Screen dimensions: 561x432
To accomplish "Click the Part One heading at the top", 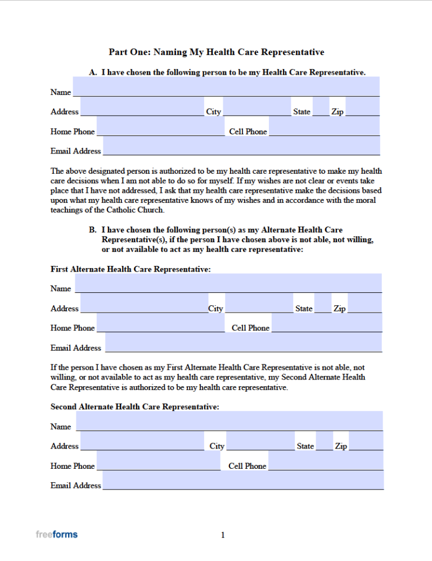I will point(216,52).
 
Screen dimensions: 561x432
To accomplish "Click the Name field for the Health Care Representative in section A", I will point(226,87).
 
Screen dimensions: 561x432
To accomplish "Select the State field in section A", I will point(321,106).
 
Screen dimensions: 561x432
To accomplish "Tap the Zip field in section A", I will point(362,106).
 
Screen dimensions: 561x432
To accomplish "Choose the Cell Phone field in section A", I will point(325,126).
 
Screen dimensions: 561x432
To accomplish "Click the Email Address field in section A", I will point(241,146).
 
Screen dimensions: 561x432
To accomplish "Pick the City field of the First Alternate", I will point(259,303).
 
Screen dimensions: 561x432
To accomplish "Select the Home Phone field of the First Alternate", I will point(160,323).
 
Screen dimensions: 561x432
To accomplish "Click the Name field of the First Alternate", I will point(228,283).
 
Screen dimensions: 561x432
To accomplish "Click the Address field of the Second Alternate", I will point(142,441).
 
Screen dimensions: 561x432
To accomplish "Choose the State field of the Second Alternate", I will point(324,441).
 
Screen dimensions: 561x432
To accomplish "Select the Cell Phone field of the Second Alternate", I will point(326,460).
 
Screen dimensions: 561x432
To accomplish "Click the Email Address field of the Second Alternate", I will point(243,480).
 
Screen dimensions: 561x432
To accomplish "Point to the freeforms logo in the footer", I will point(56,534).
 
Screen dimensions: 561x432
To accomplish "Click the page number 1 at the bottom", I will point(223,535).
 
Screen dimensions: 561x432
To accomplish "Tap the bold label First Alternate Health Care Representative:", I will point(130,269).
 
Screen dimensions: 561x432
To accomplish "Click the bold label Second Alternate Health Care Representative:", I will point(135,406).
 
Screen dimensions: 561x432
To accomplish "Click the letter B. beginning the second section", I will point(93,230).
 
